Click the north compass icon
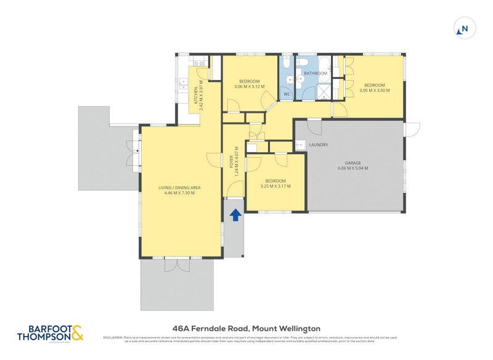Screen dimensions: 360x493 [x=463, y=28]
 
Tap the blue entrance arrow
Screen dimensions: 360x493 [x=235, y=215]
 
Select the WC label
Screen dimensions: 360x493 [x=287, y=94]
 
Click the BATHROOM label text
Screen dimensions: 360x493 [x=315, y=73]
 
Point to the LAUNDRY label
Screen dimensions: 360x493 [x=318, y=145]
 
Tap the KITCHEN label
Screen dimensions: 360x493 [x=197, y=96]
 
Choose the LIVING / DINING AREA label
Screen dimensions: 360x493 [x=179, y=187]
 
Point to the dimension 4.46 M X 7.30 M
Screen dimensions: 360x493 [x=179, y=193]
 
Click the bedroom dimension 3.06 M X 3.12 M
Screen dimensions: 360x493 [x=249, y=86]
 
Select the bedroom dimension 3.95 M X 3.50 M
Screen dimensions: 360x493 [x=374, y=91]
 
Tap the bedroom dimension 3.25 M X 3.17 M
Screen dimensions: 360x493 [x=275, y=186]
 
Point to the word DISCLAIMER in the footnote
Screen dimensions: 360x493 [x=113, y=337]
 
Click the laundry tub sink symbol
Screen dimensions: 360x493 [x=301, y=145]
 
